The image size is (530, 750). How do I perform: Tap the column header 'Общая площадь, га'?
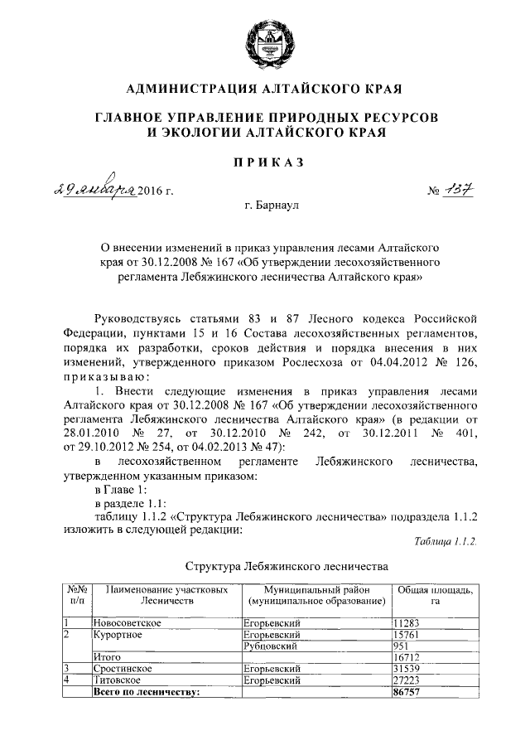coord(435,595)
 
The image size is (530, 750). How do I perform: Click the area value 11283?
coord(409,622)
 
